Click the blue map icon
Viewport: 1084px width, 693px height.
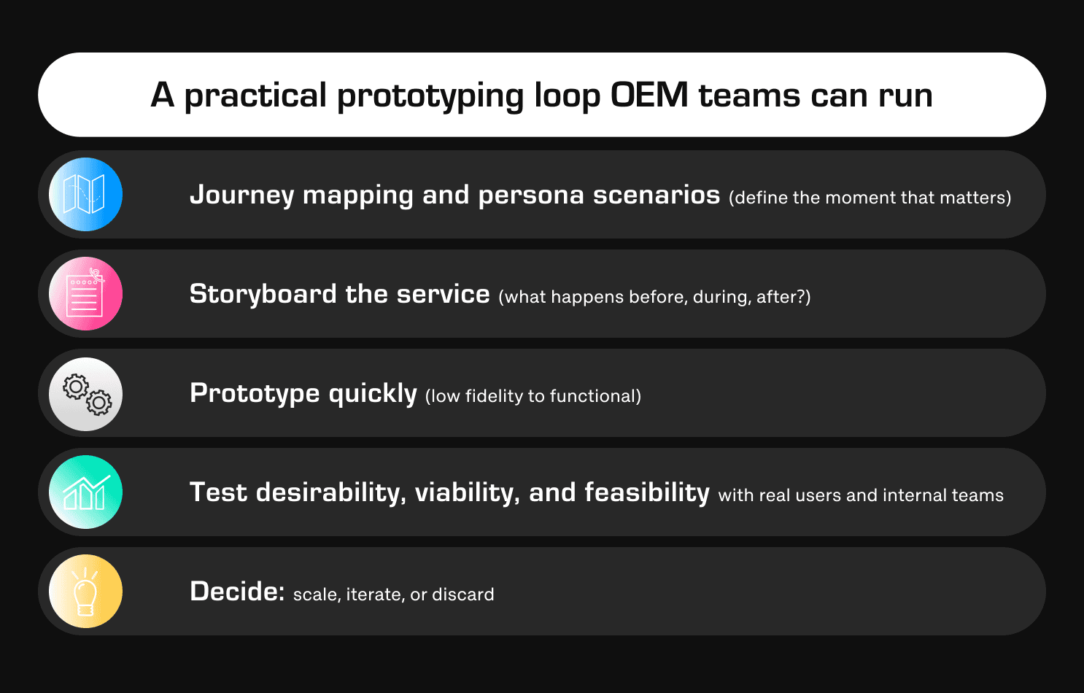point(85,195)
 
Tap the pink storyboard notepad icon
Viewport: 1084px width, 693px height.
point(85,294)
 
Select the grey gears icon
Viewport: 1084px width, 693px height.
point(85,394)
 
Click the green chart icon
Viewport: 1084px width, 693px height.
point(85,492)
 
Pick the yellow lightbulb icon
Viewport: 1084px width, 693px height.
point(85,592)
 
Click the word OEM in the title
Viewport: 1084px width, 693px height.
point(649,96)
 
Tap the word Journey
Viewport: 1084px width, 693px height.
point(241,195)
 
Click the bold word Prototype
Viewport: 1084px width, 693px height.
point(255,394)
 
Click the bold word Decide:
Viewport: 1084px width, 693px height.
point(237,592)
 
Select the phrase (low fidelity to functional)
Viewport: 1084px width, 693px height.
point(533,396)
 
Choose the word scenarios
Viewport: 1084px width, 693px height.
point(656,195)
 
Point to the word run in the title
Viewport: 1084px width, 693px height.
point(905,96)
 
